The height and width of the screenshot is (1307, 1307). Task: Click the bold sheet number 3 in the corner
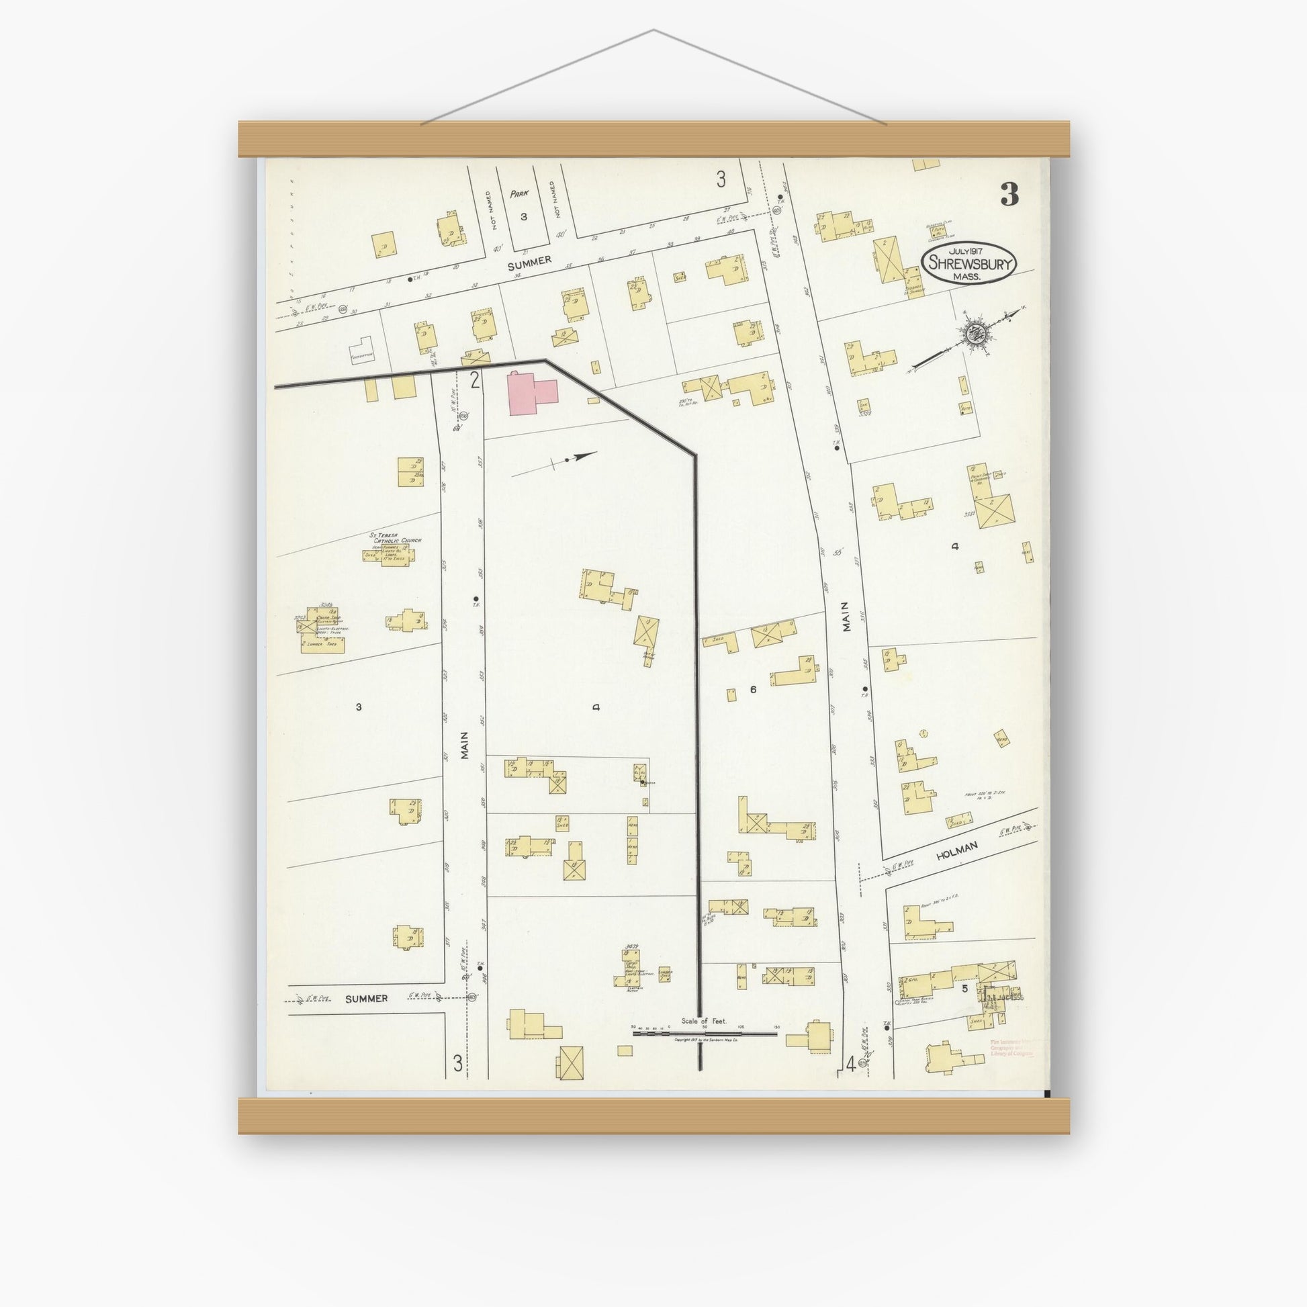pos(1009,194)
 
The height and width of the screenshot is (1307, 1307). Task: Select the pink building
pos(533,393)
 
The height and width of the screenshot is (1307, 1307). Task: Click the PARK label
pos(519,193)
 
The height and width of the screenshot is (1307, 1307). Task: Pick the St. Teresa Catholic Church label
pos(396,539)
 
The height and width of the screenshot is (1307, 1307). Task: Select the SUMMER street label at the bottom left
pos(365,998)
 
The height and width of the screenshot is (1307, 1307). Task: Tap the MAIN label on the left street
pos(464,749)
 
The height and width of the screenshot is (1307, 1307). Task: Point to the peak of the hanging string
pos(653,30)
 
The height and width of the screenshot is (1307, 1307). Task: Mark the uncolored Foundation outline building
pos(362,349)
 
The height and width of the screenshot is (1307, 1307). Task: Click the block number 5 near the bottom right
pos(965,989)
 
